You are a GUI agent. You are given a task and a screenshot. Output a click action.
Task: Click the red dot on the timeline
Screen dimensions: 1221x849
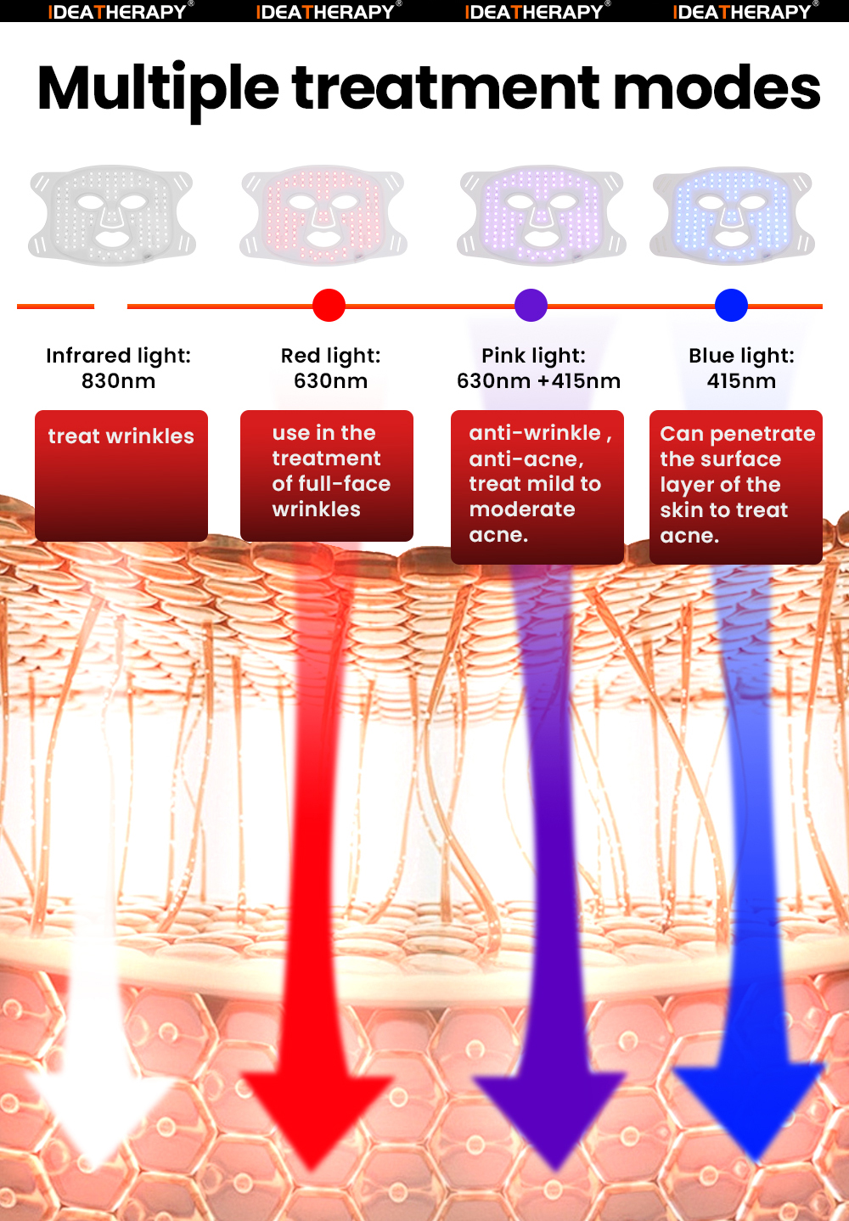click(x=329, y=306)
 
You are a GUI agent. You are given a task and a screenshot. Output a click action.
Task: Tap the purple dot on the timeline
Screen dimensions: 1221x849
click(x=531, y=306)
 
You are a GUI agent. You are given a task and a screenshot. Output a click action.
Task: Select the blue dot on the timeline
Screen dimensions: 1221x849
click(x=731, y=306)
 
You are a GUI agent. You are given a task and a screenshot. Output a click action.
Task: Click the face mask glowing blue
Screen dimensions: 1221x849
click(x=732, y=215)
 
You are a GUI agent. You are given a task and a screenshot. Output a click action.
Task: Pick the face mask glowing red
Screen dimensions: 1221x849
click(x=323, y=215)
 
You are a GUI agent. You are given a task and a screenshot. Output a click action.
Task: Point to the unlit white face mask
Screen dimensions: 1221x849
click(x=112, y=215)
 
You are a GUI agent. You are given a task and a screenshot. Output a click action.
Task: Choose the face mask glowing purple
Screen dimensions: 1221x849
click(x=542, y=215)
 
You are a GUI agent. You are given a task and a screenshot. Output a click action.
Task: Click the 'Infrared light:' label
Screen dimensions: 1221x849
click(x=118, y=356)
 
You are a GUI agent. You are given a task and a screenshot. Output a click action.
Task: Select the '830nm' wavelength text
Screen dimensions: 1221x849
click(x=118, y=381)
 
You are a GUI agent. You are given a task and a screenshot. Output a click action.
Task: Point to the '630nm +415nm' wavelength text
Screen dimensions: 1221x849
click(x=538, y=381)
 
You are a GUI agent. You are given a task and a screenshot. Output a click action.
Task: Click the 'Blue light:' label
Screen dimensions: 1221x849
click(x=741, y=356)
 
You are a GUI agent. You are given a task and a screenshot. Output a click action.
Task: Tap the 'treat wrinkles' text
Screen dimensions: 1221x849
click(x=121, y=436)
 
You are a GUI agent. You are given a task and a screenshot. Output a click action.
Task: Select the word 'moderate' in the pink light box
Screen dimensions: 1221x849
click(x=522, y=509)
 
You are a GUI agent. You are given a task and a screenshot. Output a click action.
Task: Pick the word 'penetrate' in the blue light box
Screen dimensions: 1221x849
click(x=762, y=434)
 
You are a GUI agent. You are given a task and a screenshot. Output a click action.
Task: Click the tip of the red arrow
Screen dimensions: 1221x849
click(x=315, y=1168)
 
